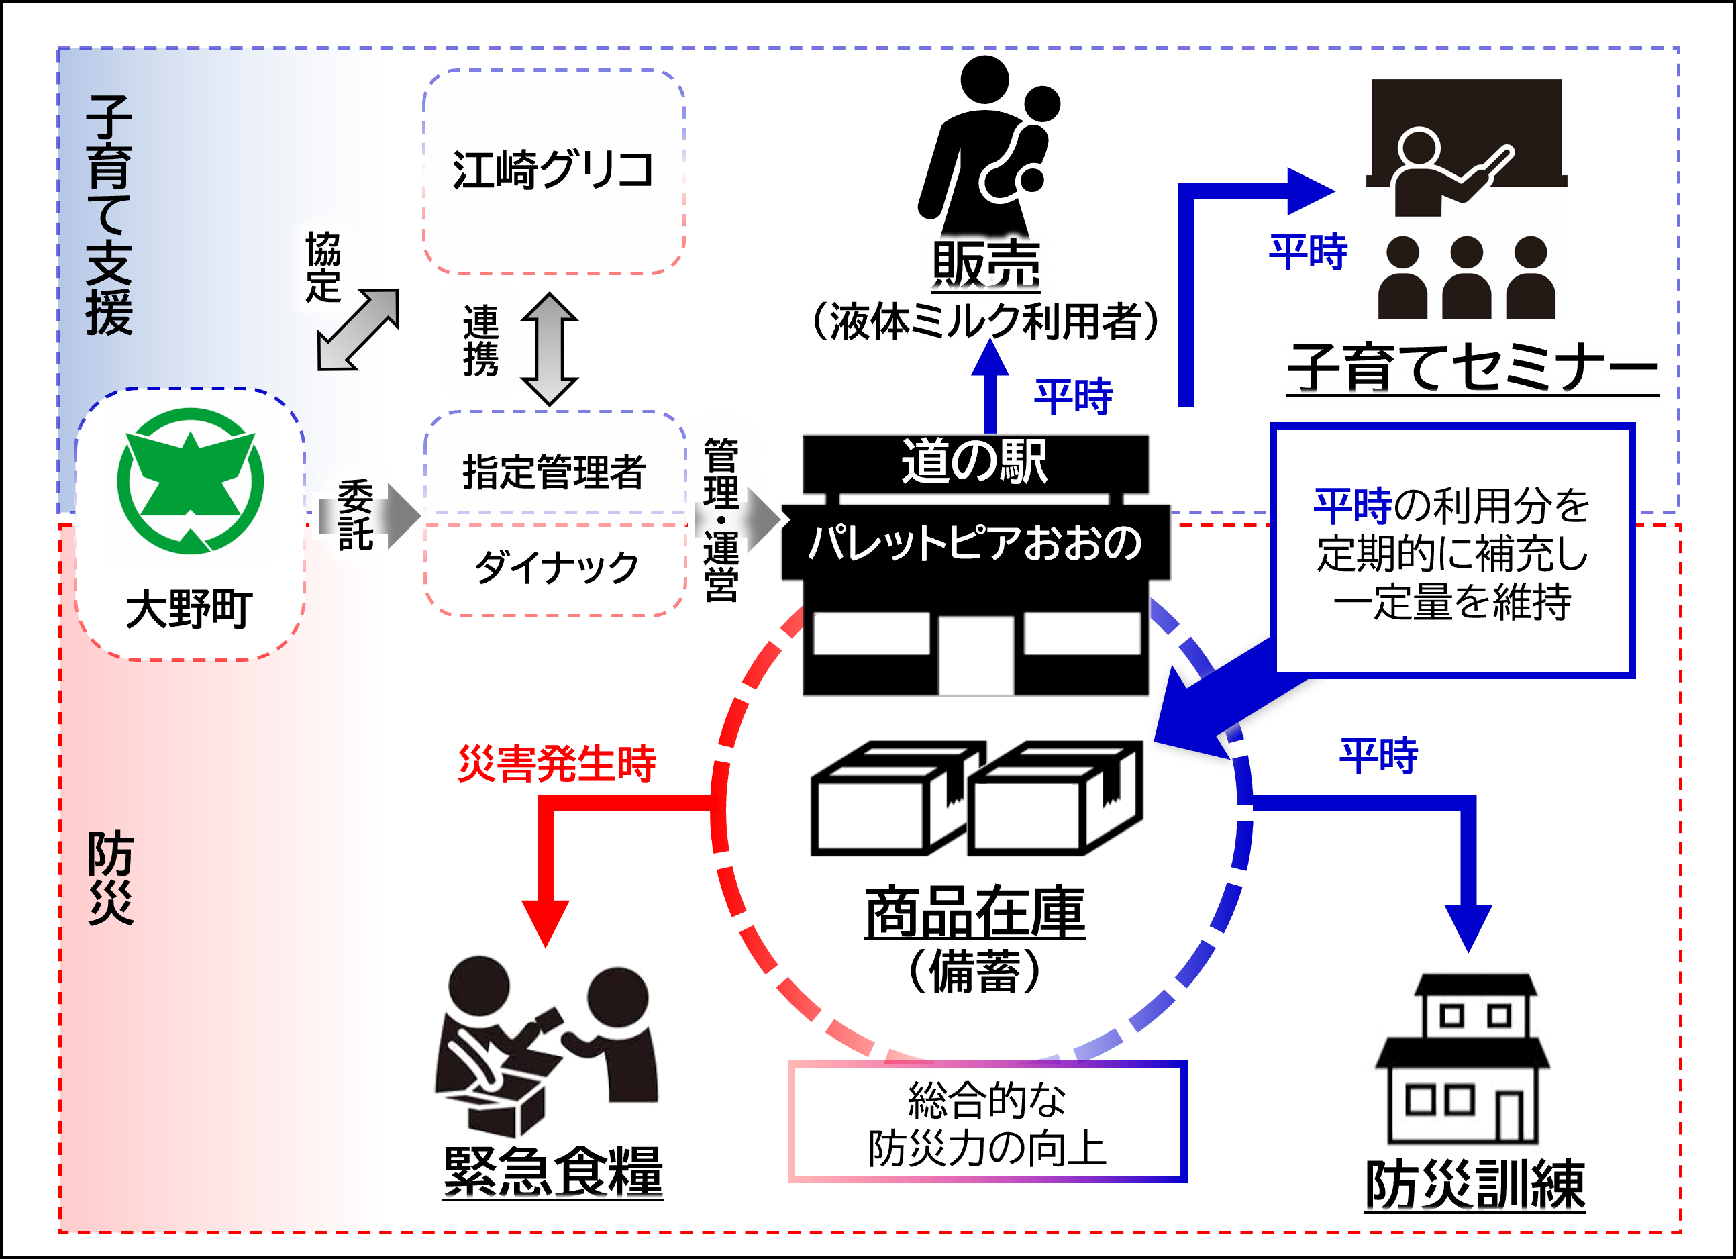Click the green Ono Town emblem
[x=191, y=481]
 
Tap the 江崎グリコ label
[x=553, y=170]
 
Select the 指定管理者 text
[x=554, y=470]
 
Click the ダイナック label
[x=556, y=567]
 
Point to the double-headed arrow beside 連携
[x=549, y=349]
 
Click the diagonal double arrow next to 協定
[x=358, y=330]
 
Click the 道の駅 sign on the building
[x=974, y=462]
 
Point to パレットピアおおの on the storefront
[x=974, y=542]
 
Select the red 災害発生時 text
[x=556, y=763]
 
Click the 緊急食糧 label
[x=553, y=1171]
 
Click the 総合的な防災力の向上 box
[x=986, y=1122]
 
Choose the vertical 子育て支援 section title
[x=109, y=216]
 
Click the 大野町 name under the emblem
[x=189, y=609]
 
